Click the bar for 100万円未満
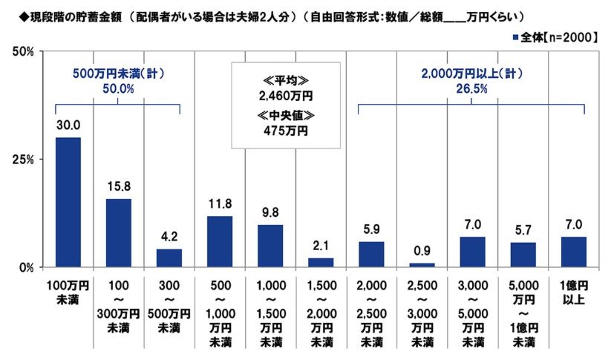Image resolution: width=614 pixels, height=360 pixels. [x=68, y=202]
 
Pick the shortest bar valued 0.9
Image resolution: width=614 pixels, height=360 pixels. [x=422, y=264]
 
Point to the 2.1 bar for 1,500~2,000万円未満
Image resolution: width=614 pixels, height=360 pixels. [x=321, y=262]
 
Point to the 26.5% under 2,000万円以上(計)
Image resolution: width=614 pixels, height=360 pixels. [x=471, y=88]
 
